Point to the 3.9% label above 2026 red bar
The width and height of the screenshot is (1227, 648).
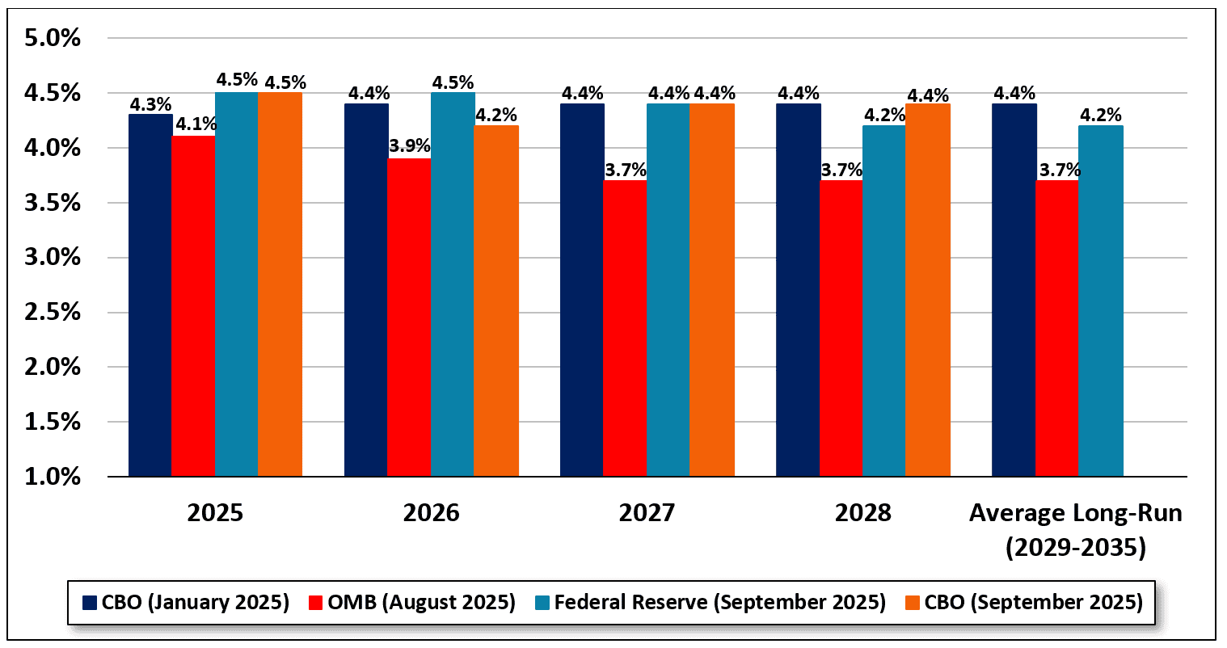click(x=409, y=147)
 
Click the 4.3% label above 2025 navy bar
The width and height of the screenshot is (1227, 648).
click(x=150, y=103)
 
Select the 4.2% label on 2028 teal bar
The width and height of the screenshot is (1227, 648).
click(x=884, y=114)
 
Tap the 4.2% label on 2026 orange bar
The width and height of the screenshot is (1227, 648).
click(x=495, y=114)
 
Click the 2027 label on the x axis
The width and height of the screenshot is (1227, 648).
click(x=647, y=513)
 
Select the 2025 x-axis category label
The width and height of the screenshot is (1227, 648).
click(x=215, y=513)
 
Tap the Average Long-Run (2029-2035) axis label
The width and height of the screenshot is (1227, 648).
click(x=1075, y=530)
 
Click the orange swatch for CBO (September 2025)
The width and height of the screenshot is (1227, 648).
click(x=912, y=602)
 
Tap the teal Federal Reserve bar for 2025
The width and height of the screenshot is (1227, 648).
click(x=236, y=284)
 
